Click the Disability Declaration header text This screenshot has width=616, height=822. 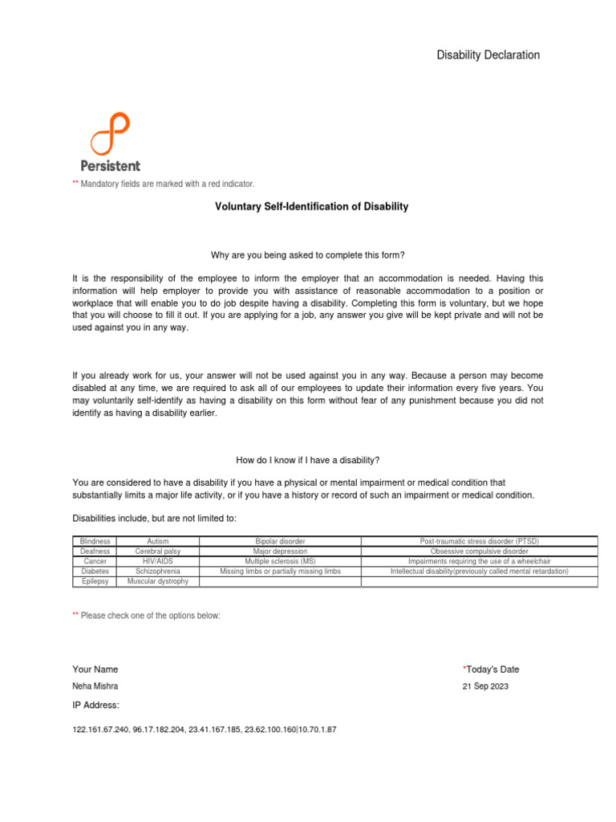click(x=488, y=55)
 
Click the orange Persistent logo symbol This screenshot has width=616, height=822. click(x=110, y=134)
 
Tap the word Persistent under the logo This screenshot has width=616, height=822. click(x=110, y=165)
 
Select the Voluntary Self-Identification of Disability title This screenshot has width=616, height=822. click(x=311, y=206)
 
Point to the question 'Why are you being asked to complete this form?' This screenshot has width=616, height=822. click(x=308, y=254)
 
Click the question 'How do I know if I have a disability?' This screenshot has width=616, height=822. click(x=308, y=460)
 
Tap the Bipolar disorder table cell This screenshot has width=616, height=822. click(x=280, y=542)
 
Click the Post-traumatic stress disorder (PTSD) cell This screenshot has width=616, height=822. click(x=479, y=542)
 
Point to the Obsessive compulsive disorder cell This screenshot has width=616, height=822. click(x=479, y=551)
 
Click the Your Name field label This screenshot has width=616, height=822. click(x=95, y=669)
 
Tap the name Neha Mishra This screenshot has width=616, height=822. click(x=95, y=686)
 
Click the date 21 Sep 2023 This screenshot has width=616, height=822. click(x=485, y=686)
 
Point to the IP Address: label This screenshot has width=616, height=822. click(x=95, y=705)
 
